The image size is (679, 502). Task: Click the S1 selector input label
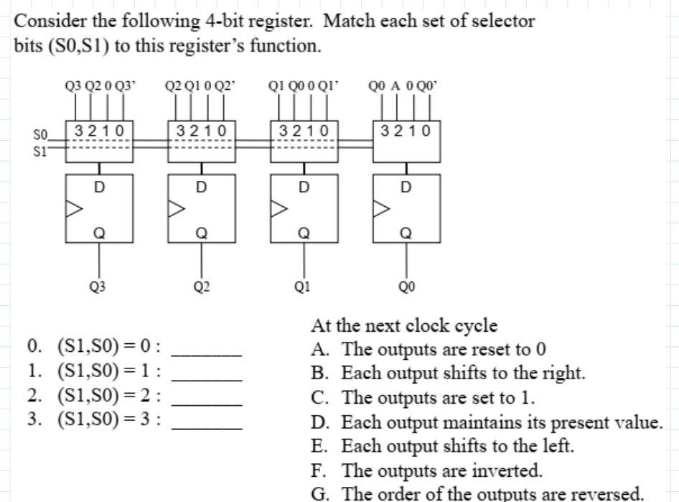(40, 152)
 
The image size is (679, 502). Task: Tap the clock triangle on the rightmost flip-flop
(381, 208)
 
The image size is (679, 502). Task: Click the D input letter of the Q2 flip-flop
(202, 187)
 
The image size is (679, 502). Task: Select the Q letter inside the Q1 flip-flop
(304, 233)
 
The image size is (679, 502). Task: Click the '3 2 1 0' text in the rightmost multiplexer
(406, 131)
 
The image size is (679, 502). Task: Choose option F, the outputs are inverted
(426, 470)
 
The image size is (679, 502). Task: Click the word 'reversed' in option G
(607, 494)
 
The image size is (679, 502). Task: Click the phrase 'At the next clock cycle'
(403, 325)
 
